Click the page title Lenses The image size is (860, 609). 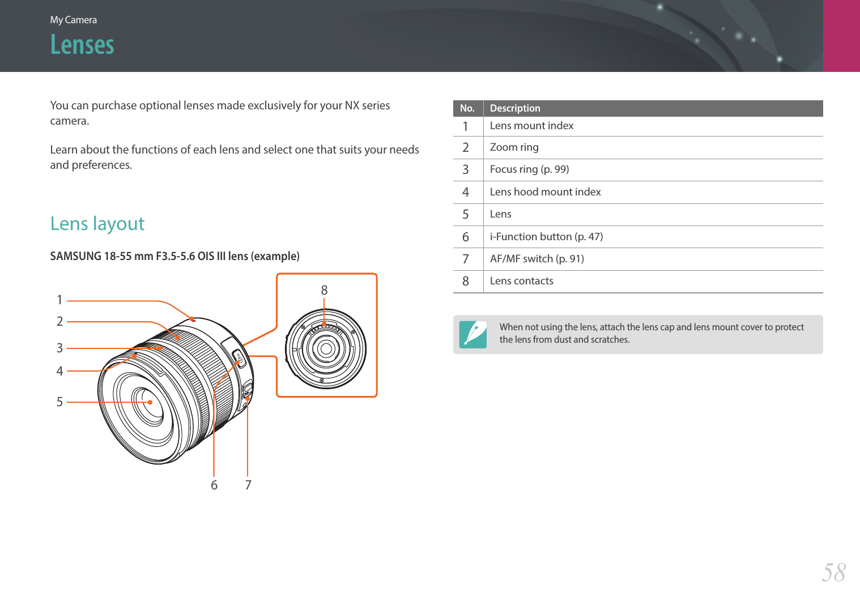click(x=82, y=45)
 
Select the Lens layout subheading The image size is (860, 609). click(x=97, y=224)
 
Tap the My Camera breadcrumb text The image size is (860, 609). click(x=73, y=20)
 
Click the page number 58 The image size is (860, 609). click(x=833, y=572)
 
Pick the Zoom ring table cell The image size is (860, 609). click(x=514, y=147)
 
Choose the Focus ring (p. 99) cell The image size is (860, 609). click(x=529, y=169)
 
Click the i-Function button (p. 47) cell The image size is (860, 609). click(x=546, y=237)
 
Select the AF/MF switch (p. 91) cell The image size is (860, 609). click(x=537, y=259)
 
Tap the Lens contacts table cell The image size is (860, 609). click(x=521, y=281)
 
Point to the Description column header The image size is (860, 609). click(x=514, y=108)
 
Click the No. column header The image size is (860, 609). click(x=467, y=108)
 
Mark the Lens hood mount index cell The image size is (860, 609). click(x=545, y=192)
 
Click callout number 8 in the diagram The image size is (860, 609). click(x=324, y=290)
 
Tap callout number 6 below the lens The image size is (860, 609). click(x=214, y=485)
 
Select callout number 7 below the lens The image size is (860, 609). click(x=248, y=485)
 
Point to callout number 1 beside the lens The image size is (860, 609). click(x=59, y=300)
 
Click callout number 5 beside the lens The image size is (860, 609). click(x=59, y=402)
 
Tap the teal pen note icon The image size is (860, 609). click(x=473, y=334)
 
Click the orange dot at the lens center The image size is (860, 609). click(x=150, y=402)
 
